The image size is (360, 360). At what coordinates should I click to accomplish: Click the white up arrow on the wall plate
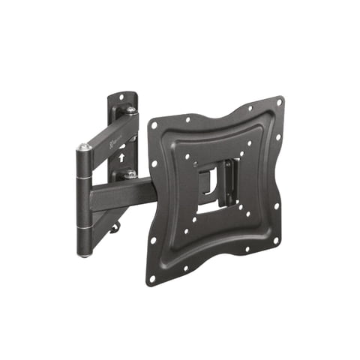pyautogui.click(x=121, y=158)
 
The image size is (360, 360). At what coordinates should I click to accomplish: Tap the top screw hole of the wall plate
pyautogui.click(x=121, y=97)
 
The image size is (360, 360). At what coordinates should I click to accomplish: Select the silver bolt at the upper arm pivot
pyautogui.click(x=130, y=111)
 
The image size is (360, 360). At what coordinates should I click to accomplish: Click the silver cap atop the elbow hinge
pyautogui.click(x=84, y=148)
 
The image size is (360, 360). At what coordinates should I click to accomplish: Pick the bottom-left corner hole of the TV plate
pyautogui.click(x=152, y=277)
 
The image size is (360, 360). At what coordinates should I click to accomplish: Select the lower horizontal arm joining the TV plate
pyautogui.click(x=120, y=196)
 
